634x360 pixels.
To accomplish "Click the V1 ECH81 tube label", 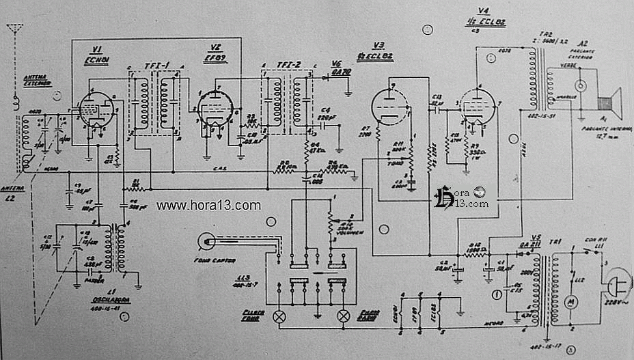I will tap(96, 54).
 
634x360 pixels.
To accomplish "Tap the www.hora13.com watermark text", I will tap(208, 205).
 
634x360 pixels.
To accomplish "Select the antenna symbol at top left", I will tap(14, 31).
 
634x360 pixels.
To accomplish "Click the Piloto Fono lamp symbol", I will tap(279, 316).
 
